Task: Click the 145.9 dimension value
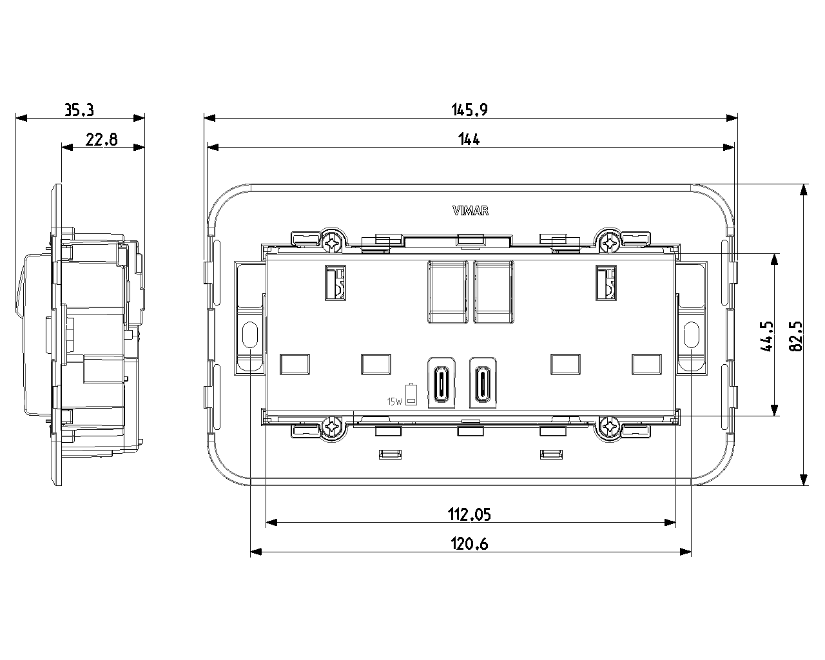469,110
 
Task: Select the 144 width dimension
469,139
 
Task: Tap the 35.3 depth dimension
79,110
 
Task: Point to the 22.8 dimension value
102,140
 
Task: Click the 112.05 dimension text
469,514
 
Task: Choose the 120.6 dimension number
469,544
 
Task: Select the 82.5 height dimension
796,336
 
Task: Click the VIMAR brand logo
471,211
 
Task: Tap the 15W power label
394,401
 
